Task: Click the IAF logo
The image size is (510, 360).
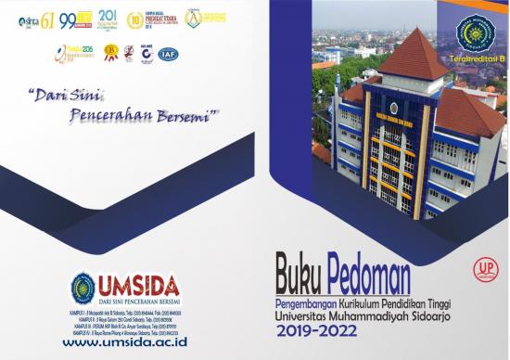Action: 168,54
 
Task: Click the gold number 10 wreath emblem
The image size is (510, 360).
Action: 134,19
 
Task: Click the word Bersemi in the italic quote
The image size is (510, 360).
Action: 187,115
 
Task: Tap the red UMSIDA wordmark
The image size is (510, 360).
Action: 138,285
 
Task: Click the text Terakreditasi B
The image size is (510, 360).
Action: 477,61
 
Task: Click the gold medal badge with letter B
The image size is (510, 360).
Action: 110,54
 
